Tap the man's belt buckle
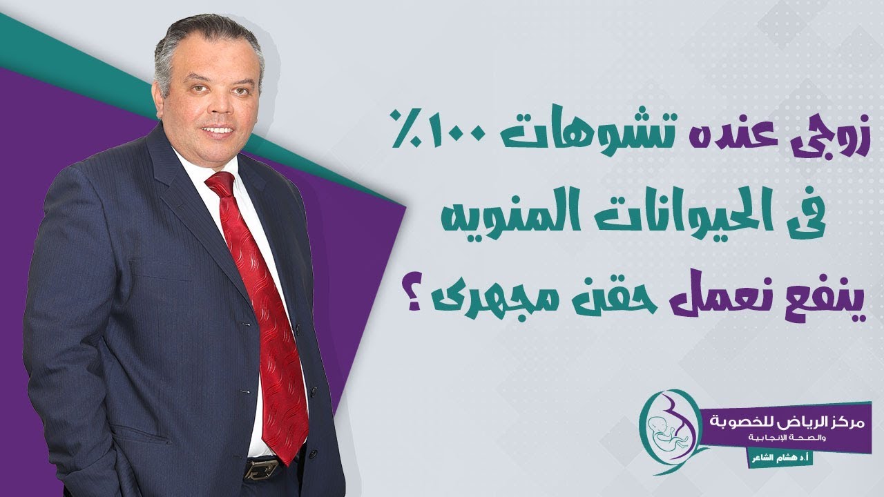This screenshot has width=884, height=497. [x=261, y=469]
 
